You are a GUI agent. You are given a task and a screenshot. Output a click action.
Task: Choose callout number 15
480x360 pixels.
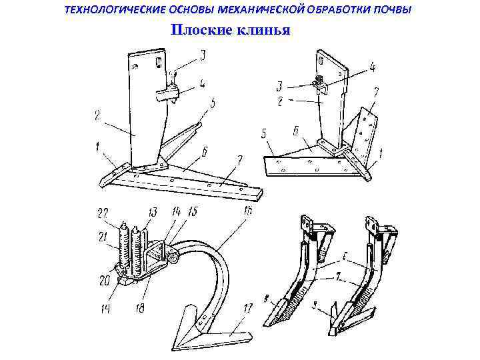tap(192, 211)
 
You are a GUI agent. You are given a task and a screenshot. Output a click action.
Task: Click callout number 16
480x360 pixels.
tap(247, 211)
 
